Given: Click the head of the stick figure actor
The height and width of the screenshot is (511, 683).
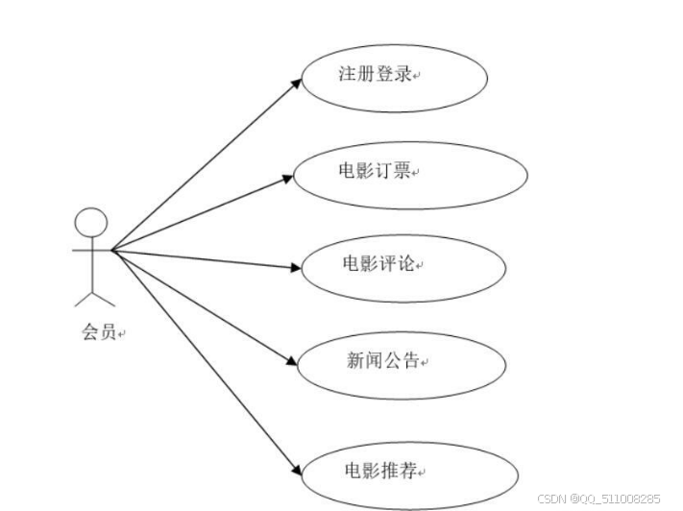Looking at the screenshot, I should (90, 223).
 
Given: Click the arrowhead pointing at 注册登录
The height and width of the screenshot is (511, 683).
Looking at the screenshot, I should (299, 83).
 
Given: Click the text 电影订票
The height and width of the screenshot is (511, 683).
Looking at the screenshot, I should (376, 171).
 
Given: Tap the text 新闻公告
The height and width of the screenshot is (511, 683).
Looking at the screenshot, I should (382, 360).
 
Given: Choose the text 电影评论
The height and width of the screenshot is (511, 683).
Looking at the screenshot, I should (379, 263).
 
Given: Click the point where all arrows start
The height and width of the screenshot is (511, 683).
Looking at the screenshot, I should (112, 250).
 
